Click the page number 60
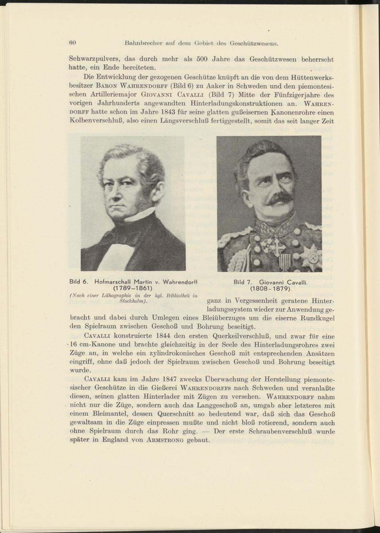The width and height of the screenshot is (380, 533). pyautogui.click(x=73, y=43)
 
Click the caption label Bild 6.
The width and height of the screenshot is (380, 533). pyautogui.click(x=79, y=282)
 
